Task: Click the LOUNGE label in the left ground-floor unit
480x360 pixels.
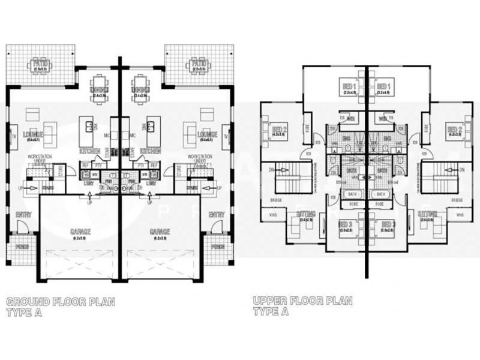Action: (x=31, y=134)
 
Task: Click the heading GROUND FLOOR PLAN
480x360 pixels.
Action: (x=59, y=301)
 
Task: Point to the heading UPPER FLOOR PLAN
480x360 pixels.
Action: (x=302, y=301)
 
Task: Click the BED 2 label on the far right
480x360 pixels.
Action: (x=454, y=130)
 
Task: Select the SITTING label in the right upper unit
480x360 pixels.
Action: (x=427, y=214)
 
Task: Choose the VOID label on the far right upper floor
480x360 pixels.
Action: (x=461, y=214)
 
